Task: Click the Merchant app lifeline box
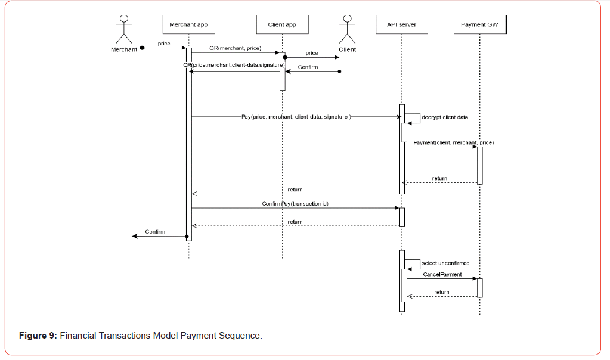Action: point(188,24)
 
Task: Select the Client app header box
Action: point(282,24)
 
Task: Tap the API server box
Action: point(401,24)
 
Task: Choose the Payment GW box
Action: point(479,24)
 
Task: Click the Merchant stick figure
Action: point(124,27)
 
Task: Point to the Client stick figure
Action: point(347,27)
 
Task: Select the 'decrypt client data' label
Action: point(445,117)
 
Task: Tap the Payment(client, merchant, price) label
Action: point(453,143)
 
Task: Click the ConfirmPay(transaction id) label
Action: point(295,204)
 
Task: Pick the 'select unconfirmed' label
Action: point(445,263)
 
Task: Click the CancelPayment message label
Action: point(442,274)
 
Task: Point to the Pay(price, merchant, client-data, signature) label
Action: point(295,117)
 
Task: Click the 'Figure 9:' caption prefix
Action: point(38,336)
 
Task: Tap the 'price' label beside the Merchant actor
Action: point(164,44)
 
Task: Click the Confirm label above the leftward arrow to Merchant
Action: point(155,231)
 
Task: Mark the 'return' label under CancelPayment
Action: point(442,292)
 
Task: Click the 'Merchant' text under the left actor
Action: point(124,49)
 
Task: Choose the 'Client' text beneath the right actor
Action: point(347,49)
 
